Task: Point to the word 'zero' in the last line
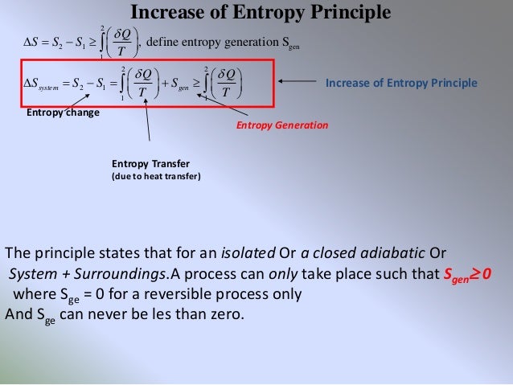point(224,312)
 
